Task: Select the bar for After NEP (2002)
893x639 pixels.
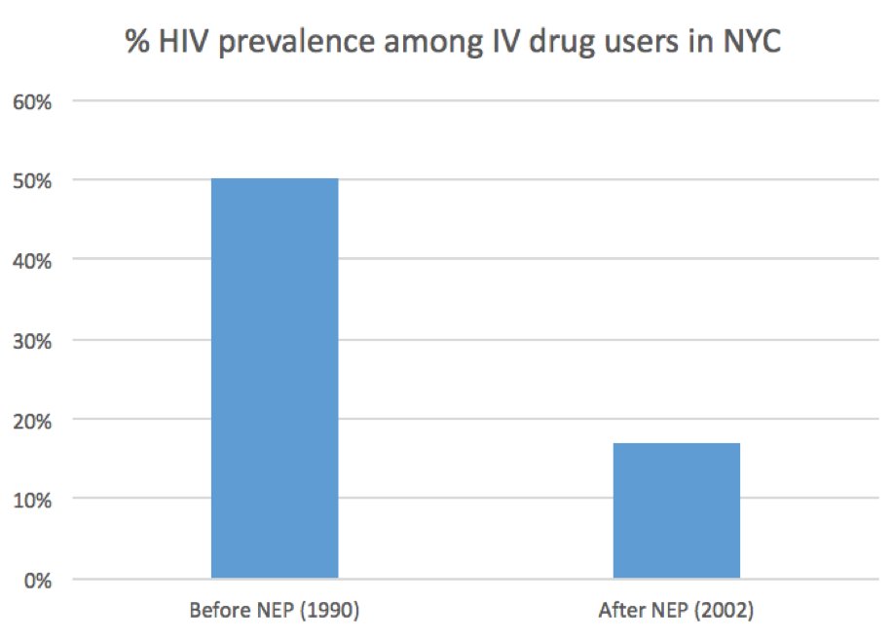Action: [676, 510]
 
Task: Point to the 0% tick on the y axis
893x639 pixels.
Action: [38, 580]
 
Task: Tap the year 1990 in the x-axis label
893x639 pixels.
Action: [331, 612]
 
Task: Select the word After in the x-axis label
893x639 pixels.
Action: [623, 612]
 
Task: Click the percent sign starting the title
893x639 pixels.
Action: [135, 42]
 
